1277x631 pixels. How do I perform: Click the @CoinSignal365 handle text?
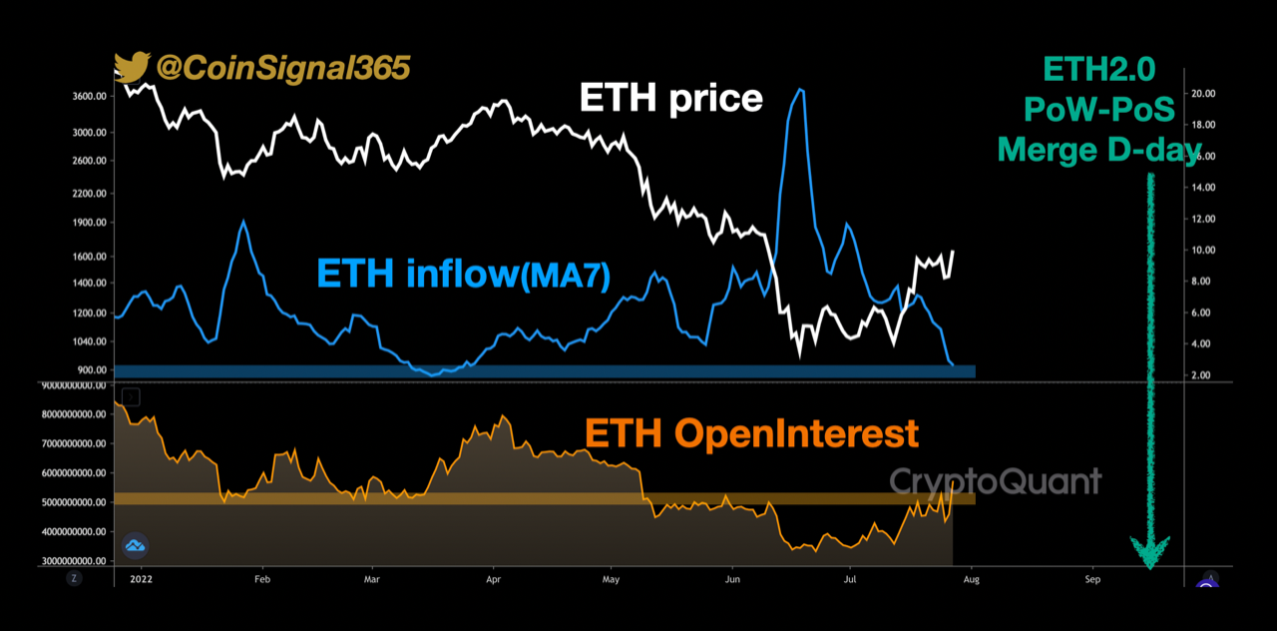point(281,68)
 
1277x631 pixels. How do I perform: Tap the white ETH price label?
point(671,98)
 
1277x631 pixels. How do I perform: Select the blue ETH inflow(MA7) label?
point(463,273)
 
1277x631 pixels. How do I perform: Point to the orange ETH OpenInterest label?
point(751,433)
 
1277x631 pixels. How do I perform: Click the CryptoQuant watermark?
point(996,481)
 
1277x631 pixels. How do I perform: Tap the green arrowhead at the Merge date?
point(1149,551)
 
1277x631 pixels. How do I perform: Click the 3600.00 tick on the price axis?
point(90,97)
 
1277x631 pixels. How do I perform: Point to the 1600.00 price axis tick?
point(90,257)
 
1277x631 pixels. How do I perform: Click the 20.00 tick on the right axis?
point(1202,94)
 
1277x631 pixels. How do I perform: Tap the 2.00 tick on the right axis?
point(1202,375)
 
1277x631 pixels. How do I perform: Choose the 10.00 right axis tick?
point(1202,251)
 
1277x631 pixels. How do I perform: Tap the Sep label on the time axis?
point(1091,579)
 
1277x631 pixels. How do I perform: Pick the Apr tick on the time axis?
point(493,579)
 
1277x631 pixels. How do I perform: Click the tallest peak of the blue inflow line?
point(800,90)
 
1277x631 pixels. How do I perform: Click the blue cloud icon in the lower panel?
point(135,545)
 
